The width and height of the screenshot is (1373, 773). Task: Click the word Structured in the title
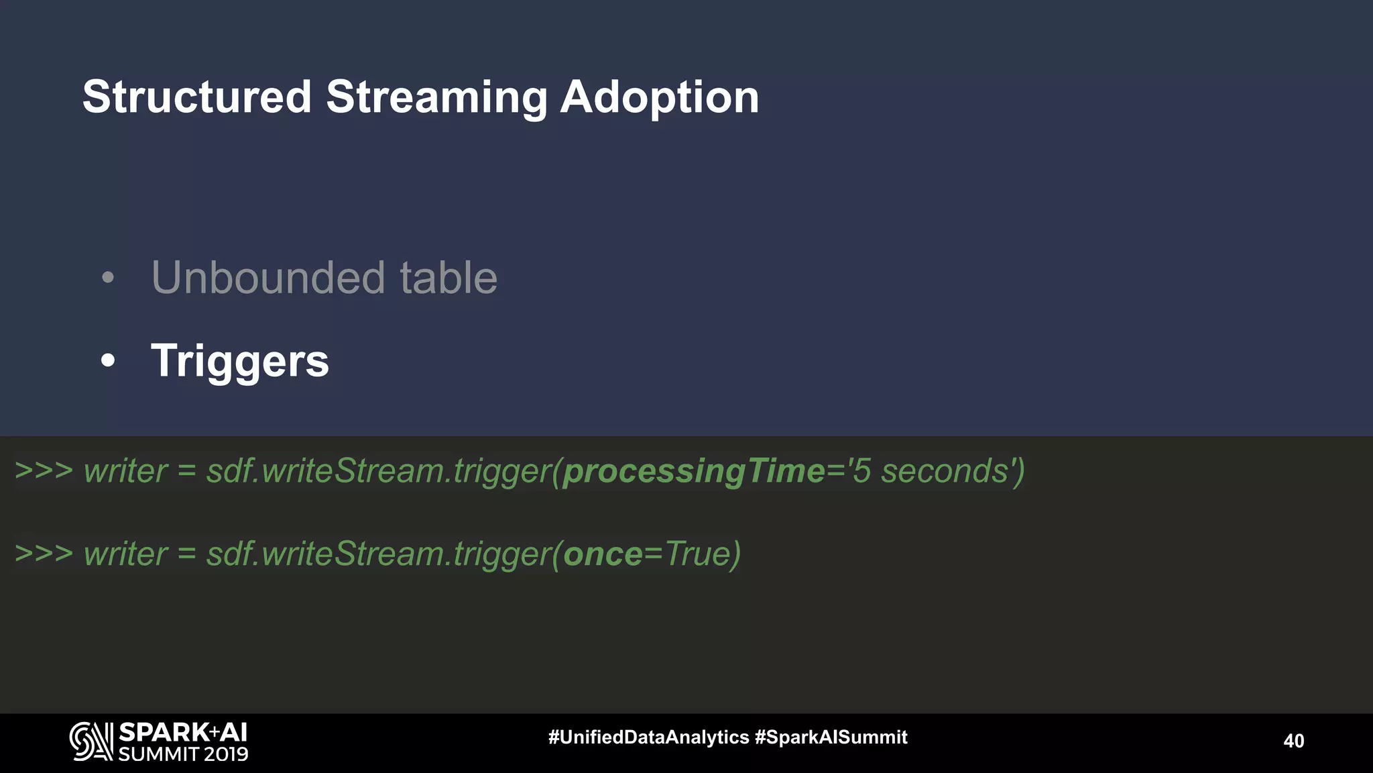(x=197, y=97)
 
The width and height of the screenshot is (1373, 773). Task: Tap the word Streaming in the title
(x=436, y=98)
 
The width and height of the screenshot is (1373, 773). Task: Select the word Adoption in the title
(x=659, y=98)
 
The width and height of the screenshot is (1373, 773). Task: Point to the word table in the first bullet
(x=449, y=278)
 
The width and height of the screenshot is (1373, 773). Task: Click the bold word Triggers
(x=240, y=361)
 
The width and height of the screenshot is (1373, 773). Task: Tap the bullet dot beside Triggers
(x=108, y=361)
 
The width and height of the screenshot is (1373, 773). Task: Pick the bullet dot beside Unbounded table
(x=108, y=277)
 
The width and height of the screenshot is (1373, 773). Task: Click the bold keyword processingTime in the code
(x=694, y=471)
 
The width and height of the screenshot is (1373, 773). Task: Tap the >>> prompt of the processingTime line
(x=44, y=471)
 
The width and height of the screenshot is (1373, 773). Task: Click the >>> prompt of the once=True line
(x=44, y=554)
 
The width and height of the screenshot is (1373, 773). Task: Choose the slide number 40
(x=1293, y=741)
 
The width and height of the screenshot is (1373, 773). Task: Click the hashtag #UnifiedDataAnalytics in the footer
(x=648, y=737)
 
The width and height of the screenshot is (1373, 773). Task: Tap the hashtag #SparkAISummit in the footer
(x=831, y=737)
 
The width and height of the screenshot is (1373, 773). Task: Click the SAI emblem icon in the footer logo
(x=91, y=741)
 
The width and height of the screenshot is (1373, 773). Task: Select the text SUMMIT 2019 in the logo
(x=183, y=754)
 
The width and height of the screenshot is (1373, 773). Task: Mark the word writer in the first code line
(x=125, y=471)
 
